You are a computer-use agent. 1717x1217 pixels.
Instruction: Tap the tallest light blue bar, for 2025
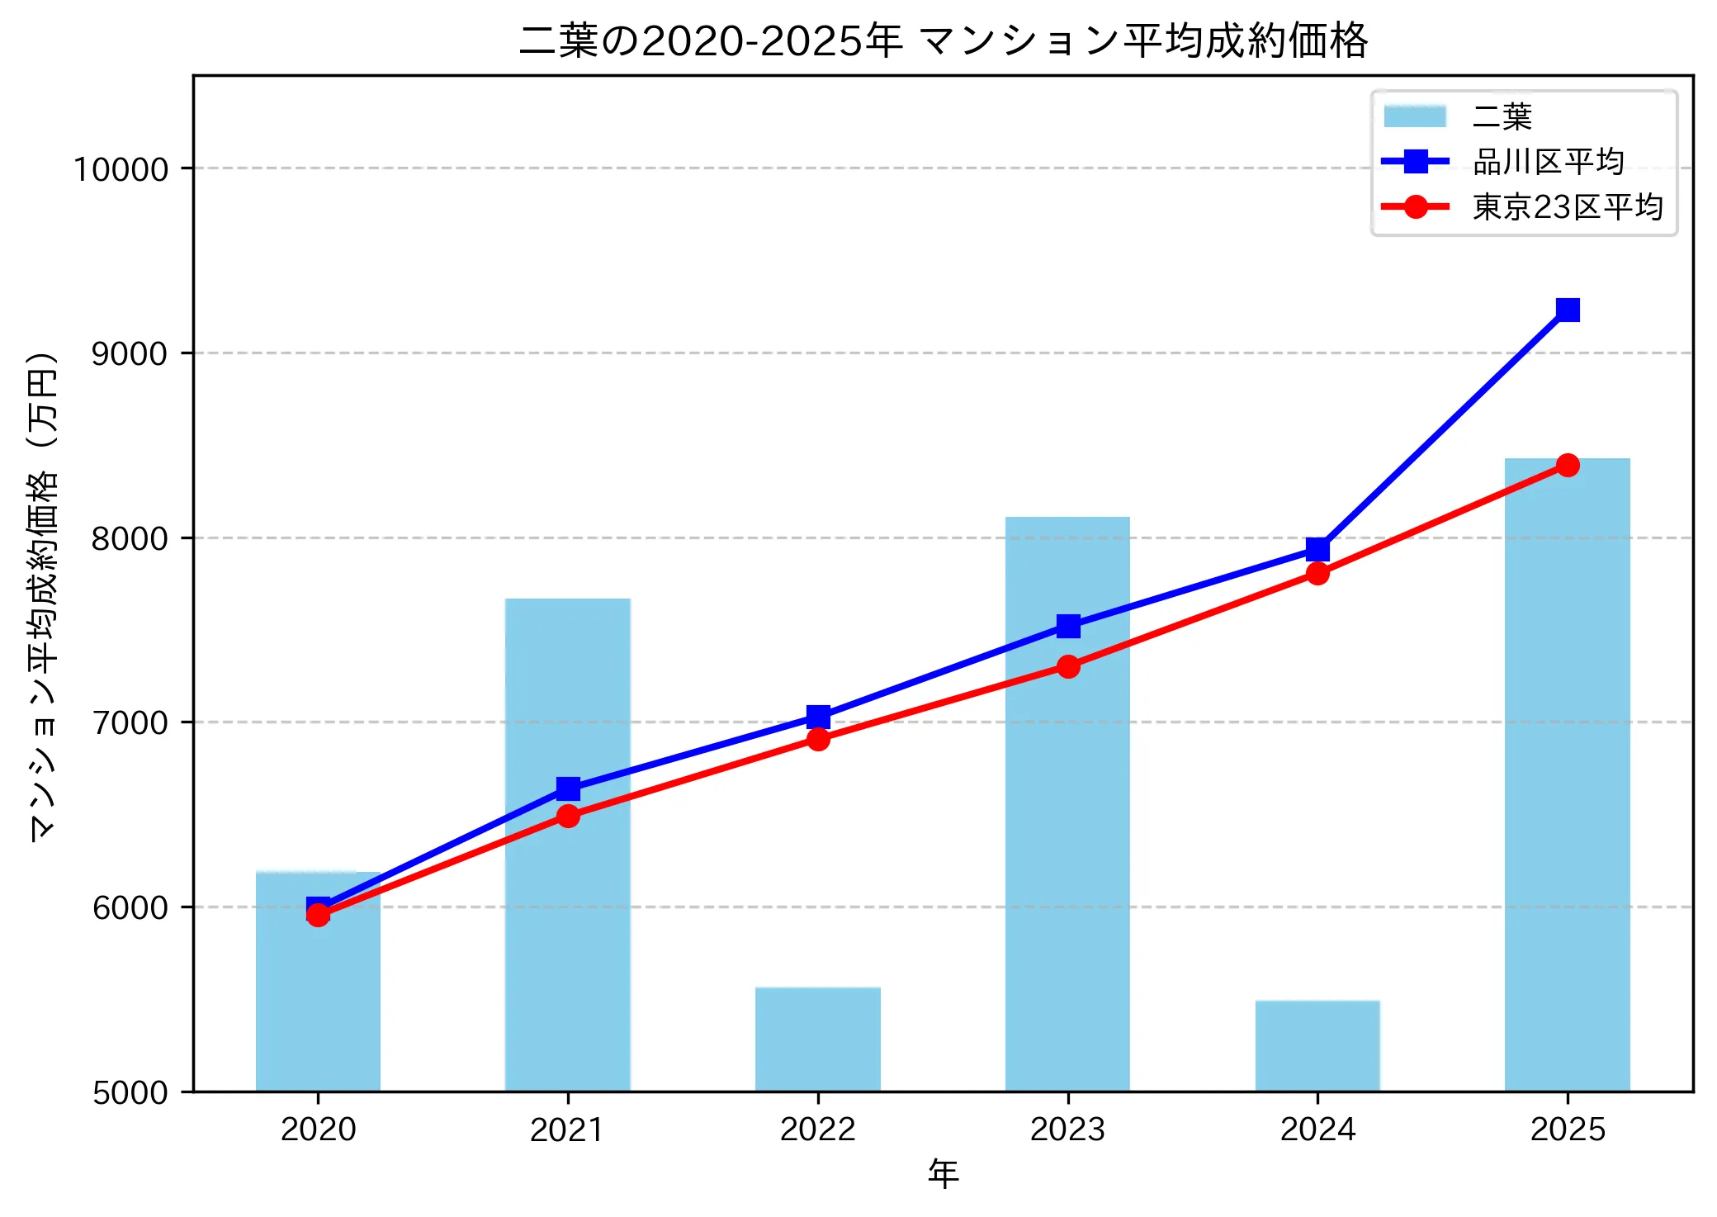tap(1567, 776)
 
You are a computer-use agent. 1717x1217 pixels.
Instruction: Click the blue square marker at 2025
tap(1568, 310)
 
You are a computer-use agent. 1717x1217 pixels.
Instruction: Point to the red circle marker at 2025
tap(1568, 466)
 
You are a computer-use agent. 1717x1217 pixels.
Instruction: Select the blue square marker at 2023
tap(1068, 626)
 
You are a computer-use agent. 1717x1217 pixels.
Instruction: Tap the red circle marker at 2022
tap(818, 739)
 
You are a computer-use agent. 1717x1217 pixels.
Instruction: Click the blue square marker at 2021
tap(568, 788)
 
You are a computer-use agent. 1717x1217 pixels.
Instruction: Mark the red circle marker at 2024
tap(1317, 573)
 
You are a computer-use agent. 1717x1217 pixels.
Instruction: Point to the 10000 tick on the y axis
tap(121, 169)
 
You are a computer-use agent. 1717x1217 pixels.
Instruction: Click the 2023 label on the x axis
tap(1067, 1129)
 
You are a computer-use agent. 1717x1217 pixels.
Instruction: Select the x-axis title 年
tap(943, 1173)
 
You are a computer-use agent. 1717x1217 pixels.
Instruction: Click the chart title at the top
tap(943, 40)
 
